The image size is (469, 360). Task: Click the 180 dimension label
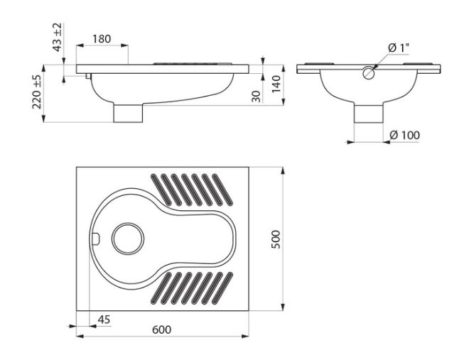(102, 39)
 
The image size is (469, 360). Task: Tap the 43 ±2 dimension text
(57, 37)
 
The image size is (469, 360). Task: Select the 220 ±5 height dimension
(37, 92)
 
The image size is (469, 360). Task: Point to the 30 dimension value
(256, 97)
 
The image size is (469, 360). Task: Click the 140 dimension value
(276, 84)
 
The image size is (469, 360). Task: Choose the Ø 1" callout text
(399, 48)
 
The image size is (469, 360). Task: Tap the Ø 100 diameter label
(405, 136)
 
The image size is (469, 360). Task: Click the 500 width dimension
(276, 239)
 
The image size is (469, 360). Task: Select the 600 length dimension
(162, 330)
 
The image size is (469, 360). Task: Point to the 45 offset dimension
(104, 320)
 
